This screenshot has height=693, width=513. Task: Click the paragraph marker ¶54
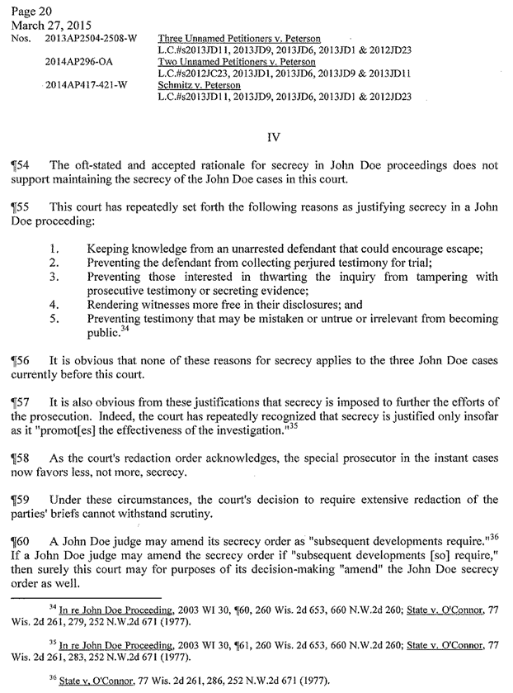(19, 165)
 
